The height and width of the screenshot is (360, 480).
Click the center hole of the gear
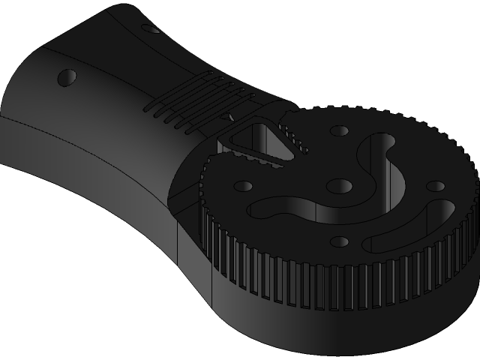point(340,185)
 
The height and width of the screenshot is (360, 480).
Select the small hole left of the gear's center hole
point(244,185)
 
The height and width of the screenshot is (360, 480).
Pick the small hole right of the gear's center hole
point(434,185)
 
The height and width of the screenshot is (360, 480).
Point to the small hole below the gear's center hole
point(340,241)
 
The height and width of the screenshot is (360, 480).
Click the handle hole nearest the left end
point(67,76)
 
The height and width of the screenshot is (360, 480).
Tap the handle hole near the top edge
point(151,31)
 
